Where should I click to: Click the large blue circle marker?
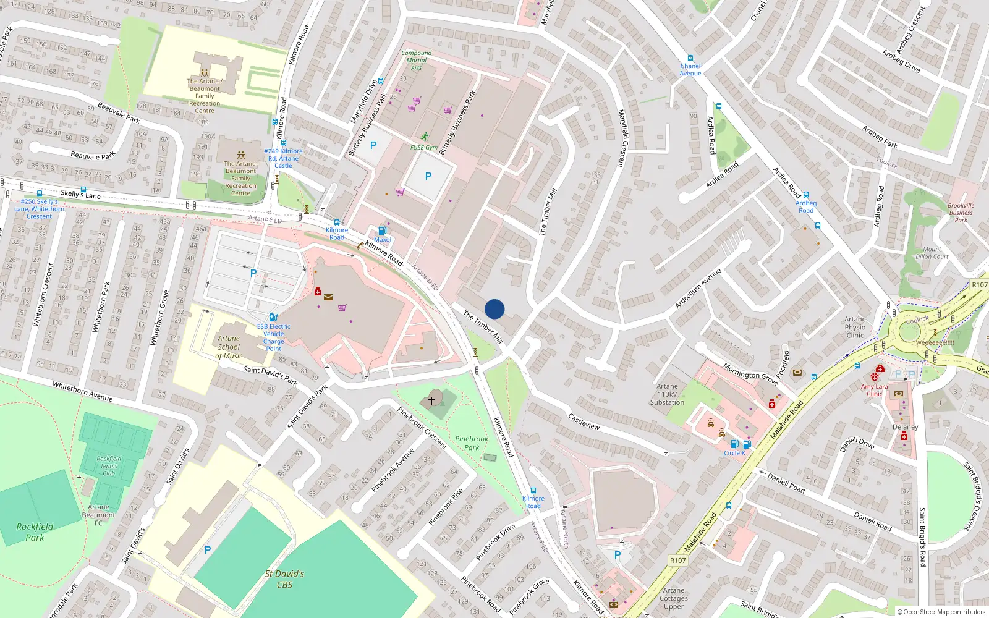[x=494, y=309]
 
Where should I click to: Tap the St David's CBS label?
[x=284, y=579]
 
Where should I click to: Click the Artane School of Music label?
[x=229, y=347]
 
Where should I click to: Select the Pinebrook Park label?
[x=472, y=443]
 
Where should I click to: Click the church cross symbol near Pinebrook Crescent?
[x=431, y=401]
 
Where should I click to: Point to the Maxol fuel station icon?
[x=382, y=231]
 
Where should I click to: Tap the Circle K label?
[x=734, y=453]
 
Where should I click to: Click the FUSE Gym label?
[x=424, y=148]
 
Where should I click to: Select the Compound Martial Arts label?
[x=417, y=60]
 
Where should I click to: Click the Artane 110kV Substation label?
[x=667, y=394]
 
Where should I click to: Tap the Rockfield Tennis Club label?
[x=109, y=466]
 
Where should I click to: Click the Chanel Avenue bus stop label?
[x=690, y=69]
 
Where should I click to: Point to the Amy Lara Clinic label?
[x=874, y=390]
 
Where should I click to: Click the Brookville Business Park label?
[x=961, y=213]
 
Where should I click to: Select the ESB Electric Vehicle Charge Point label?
[x=273, y=337]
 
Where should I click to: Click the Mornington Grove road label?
[x=750, y=373]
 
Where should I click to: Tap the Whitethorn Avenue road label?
[x=82, y=391]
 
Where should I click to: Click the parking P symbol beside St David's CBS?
[x=208, y=550]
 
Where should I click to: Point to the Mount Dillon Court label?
[x=932, y=253]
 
